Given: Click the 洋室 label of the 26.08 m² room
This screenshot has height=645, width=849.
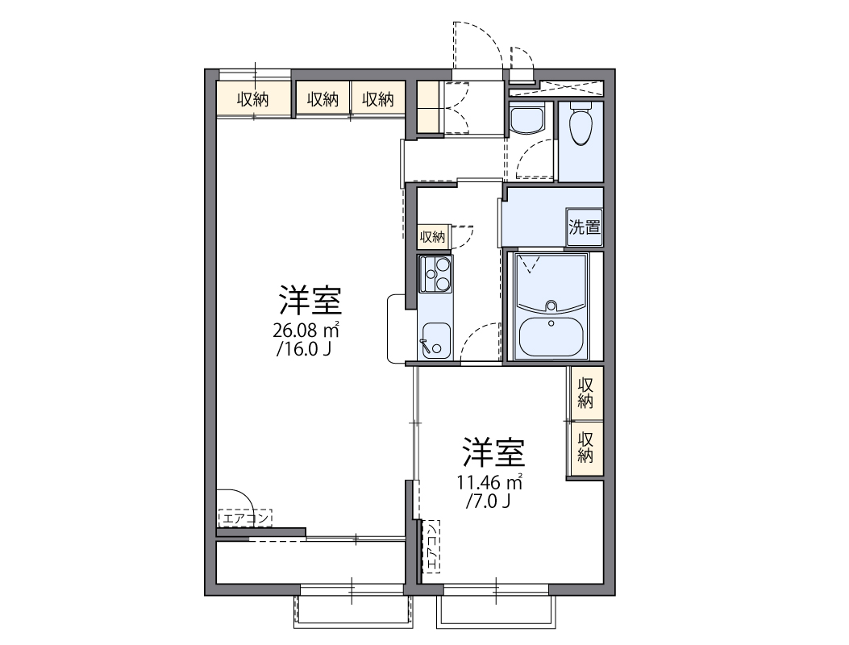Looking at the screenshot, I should tap(310, 301).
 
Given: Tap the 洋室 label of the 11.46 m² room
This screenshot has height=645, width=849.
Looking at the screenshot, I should tap(493, 453).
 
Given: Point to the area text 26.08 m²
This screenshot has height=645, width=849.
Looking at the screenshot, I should tap(306, 330).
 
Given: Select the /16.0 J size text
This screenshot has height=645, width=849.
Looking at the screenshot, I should tap(304, 349).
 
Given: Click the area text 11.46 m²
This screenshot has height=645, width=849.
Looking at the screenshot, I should tap(489, 482).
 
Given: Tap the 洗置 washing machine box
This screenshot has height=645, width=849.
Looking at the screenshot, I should tap(585, 227).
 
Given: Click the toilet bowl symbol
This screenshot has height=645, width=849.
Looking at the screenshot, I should tap(581, 125).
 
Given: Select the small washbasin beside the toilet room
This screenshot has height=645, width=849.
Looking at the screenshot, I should tap(527, 121).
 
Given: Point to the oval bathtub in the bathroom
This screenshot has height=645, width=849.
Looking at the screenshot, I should tap(552, 336).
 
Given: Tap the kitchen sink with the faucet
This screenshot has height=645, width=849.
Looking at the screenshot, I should tap(435, 339).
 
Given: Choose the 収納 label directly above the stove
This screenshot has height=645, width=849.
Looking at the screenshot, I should tap(432, 237).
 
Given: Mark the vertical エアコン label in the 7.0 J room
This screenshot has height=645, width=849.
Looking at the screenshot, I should tap(432, 546).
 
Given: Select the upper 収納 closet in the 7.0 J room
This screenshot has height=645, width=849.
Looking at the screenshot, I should tap(586, 393).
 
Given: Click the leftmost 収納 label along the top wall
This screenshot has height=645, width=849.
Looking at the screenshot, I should tap(252, 99).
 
